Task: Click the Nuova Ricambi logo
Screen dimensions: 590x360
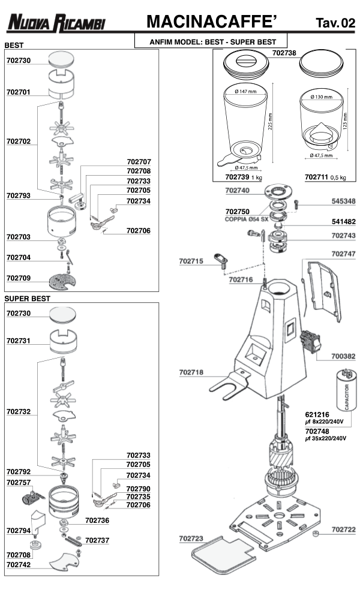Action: click(x=56, y=23)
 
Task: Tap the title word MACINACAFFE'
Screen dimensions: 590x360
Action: click(x=211, y=22)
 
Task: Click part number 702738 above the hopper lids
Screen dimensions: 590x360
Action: click(x=284, y=53)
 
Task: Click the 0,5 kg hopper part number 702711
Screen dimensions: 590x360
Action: click(x=317, y=177)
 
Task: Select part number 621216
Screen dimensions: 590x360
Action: click(x=317, y=414)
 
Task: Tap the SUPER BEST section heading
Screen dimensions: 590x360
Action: click(x=28, y=298)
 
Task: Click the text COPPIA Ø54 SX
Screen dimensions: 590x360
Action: click(x=244, y=219)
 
